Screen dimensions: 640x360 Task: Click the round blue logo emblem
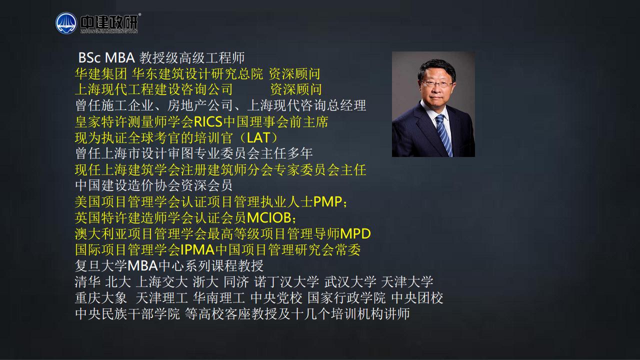(66, 23)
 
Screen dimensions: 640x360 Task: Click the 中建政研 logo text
(109, 22)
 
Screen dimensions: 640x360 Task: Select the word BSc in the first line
(89, 57)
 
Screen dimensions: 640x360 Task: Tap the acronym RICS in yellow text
(208, 122)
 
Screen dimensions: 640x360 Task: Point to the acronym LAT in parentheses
(258, 138)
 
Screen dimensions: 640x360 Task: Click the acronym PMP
(327, 202)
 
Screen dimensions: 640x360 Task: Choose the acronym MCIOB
(269, 218)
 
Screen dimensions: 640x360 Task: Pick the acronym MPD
(355, 234)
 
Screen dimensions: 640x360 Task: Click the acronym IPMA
(197, 250)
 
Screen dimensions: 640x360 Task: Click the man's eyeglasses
(436, 84)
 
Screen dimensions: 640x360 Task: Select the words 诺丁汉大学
(286, 282)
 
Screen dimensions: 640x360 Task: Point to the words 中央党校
(276, 298)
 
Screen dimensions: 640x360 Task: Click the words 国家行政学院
(346, 298)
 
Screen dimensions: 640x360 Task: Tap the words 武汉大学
(350, 282)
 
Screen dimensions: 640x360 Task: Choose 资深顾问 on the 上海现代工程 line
(296, 89)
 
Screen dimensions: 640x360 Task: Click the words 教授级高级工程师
(192, 57)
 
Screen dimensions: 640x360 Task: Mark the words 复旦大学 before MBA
(101, 266)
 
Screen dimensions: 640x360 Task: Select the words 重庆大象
(101, 298)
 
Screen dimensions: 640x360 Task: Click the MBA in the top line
(120, 57)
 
